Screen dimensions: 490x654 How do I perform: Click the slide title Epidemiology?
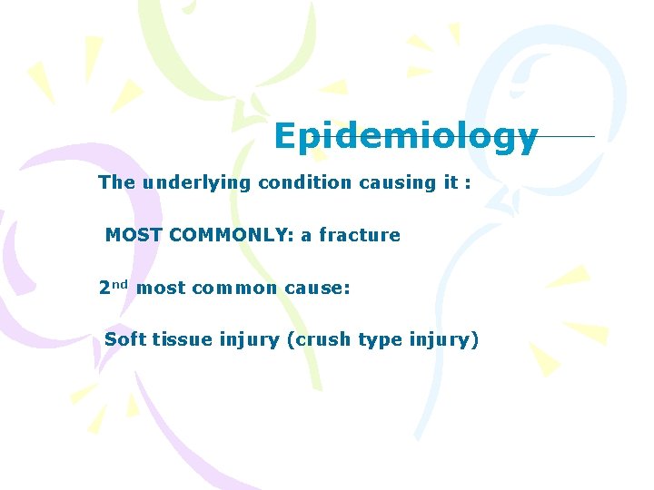tap(405, 137)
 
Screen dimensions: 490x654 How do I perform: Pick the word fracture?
tap(359, 235)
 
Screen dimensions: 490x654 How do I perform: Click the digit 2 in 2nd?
tap(104, 289)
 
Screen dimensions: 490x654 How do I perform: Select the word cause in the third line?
tap(314, 289)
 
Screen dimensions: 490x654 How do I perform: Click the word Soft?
tap(125, 340)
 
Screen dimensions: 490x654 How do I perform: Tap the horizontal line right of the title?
tap(567, 137)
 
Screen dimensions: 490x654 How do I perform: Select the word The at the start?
tap(116, 182)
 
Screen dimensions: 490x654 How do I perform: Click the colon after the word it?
tap(467, 183)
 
